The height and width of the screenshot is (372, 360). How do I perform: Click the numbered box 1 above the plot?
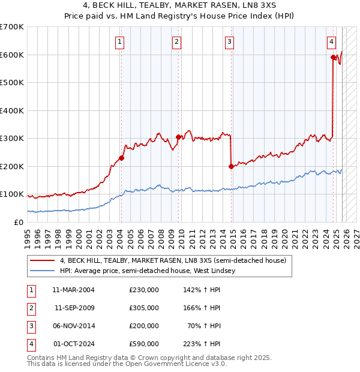(121, 41)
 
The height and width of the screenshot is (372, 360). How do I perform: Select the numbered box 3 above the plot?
(230, 41)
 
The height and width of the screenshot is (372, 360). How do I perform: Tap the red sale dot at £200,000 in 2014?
(231, 166)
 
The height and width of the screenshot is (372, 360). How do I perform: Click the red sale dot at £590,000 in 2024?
(333, 58)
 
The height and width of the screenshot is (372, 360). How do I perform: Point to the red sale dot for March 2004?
(121, 158)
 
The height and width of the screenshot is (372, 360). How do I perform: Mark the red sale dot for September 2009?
(178, 137)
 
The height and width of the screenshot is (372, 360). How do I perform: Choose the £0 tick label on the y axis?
(19, 222)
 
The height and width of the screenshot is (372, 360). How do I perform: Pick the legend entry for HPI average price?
(148, 271)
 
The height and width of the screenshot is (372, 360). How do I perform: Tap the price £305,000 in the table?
(144, 307)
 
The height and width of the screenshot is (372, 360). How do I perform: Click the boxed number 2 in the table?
(31, 307)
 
